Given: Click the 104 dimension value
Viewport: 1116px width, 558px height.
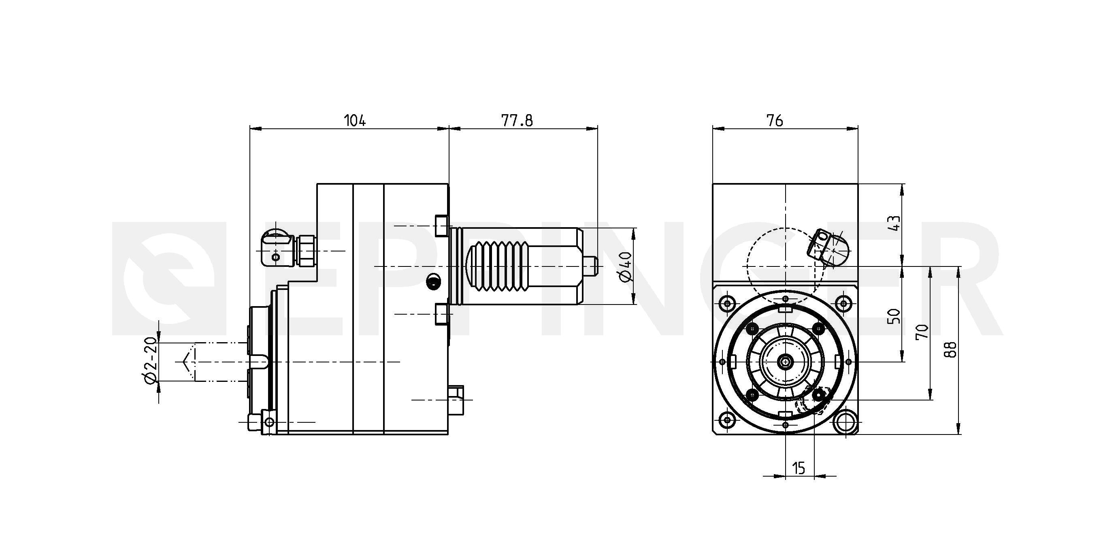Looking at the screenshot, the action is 355,120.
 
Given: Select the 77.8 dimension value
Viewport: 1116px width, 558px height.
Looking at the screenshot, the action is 517,120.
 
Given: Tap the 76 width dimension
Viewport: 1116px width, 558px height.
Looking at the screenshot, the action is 775,120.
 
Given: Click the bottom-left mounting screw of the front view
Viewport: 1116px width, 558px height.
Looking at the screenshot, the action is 726,420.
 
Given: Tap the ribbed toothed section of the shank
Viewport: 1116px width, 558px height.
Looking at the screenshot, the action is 498,266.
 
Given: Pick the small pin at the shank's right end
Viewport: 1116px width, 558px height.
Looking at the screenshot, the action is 590,266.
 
